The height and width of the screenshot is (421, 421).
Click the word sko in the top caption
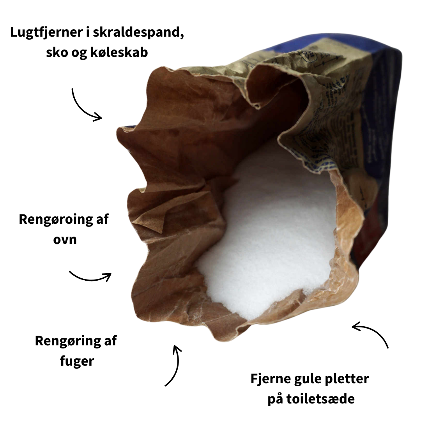coord(55,52)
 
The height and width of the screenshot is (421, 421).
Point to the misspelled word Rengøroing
coord(52,219)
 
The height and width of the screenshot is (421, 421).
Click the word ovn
coord(65,239)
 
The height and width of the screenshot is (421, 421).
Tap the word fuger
coord(77,361)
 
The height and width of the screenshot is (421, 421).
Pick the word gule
coord(306,379)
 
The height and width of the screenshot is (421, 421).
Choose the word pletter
coord(347,379)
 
